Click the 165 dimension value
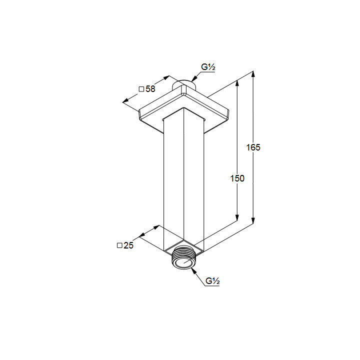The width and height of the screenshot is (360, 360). coord(253,147)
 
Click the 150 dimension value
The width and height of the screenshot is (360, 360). coord(237,178)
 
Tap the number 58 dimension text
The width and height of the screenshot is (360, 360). coord(150,89)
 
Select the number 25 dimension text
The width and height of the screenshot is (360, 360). coord(128,245)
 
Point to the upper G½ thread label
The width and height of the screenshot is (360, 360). coord(208,67)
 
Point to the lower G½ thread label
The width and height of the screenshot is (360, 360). coord(212,281)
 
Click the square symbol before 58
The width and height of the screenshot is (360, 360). coord(141,89)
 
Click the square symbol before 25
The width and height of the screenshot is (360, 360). coord(119,245)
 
